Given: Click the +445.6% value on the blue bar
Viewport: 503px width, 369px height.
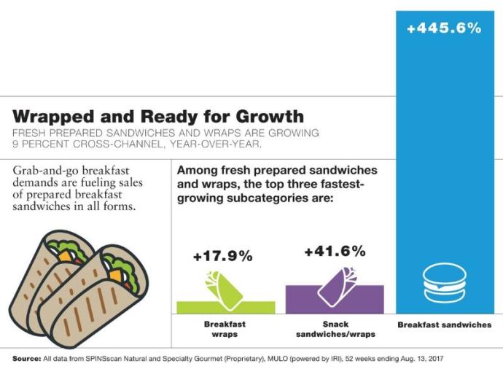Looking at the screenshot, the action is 444,28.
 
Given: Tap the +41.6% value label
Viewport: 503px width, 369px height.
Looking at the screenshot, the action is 335,251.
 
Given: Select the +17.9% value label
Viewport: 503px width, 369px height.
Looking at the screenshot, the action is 223,256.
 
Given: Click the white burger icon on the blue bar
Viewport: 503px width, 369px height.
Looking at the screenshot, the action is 445,283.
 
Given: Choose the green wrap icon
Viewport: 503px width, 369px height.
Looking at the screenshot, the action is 225,290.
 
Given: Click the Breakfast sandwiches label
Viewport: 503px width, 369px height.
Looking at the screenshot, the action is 444,325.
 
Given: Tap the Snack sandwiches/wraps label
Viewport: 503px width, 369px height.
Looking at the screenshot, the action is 335,329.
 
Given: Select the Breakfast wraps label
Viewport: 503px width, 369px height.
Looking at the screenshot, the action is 225,329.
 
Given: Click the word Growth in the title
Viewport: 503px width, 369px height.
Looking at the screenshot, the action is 270,116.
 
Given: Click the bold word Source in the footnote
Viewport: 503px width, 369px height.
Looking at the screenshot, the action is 27,359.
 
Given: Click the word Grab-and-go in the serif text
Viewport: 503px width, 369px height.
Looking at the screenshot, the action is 46,171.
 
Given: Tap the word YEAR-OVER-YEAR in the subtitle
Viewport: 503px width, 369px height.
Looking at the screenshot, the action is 216,144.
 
